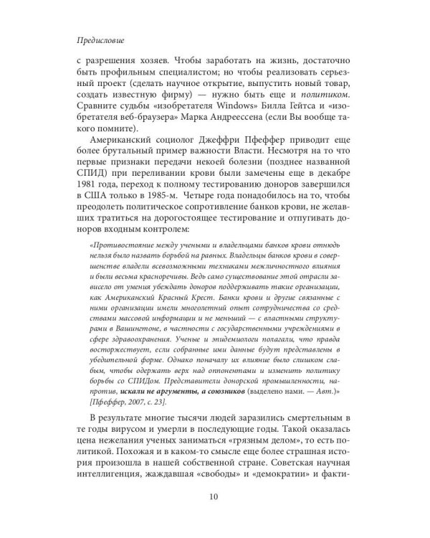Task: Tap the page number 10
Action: point(214,496)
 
